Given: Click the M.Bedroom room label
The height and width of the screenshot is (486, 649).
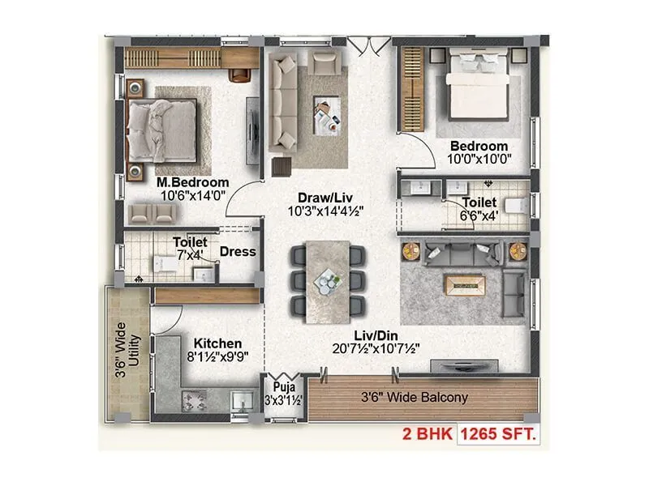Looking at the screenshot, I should tap(192, 182).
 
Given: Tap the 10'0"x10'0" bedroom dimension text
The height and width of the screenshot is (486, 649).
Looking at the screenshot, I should tap(479, 160).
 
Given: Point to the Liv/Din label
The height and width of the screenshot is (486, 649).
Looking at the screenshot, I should tap(380, 335).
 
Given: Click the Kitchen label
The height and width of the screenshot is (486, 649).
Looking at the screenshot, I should tap(213, 343).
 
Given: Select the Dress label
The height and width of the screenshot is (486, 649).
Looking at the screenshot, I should tap(238, 252).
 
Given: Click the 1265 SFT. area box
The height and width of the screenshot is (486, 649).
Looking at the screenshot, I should tap(499, 435).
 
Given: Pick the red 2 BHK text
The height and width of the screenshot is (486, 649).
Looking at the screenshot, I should tap(428, 435).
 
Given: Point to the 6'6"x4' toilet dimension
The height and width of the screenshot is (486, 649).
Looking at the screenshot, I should tap(479, 216).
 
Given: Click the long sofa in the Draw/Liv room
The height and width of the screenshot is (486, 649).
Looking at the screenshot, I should tap(284, 101).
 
